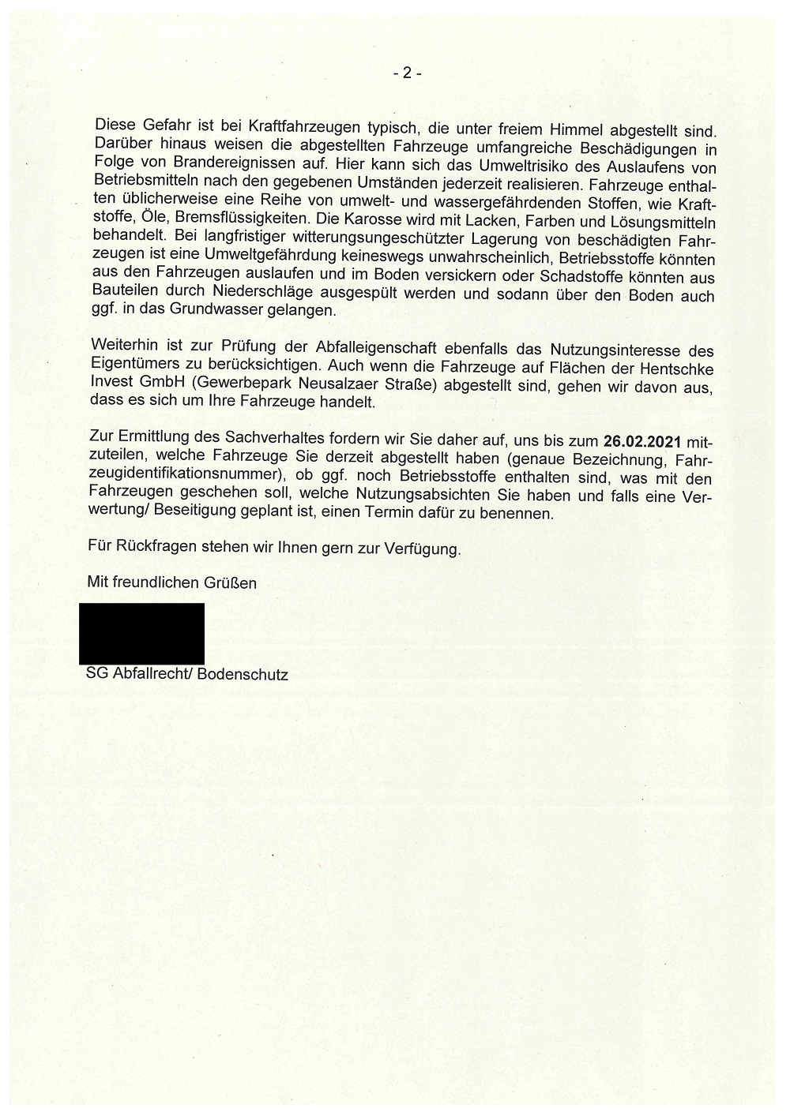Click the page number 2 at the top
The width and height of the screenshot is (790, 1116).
[407, 73]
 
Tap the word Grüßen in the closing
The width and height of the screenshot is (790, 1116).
[231, 584]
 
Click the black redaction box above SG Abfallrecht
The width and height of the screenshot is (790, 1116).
[141, 633]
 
